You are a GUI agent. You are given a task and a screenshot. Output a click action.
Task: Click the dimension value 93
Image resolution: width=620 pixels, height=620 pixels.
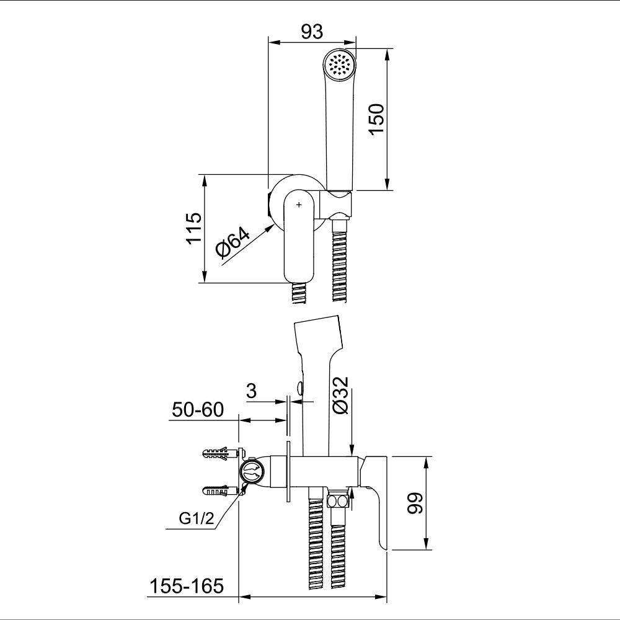(x=312, y=32)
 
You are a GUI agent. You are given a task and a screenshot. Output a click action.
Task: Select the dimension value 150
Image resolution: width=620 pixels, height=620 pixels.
(x=376, y=119)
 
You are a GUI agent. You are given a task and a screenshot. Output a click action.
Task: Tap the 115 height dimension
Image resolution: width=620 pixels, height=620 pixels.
(x=194, y=229)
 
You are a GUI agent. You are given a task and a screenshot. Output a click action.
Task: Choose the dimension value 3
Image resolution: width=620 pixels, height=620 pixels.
(x=251, y=391)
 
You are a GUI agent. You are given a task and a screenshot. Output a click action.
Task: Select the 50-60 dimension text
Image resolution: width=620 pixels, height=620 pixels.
(x=198, y=410)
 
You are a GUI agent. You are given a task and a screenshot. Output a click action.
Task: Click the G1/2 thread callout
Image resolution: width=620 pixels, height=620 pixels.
(x=196, y=518)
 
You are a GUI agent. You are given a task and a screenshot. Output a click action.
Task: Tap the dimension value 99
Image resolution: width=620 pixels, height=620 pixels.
(x=415, y=503)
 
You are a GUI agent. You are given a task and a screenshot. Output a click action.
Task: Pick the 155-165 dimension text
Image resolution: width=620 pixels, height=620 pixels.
(x=186, y=586)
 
